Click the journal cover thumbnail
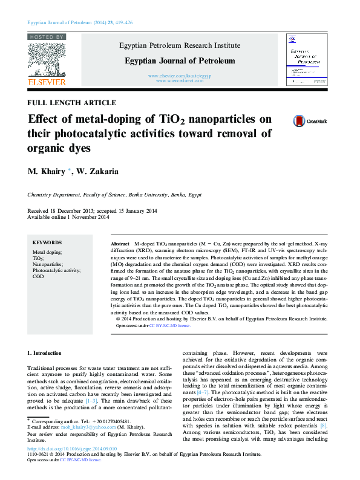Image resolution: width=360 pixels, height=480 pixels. click(307, 60)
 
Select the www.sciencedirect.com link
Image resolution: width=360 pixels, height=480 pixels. click(180, 80)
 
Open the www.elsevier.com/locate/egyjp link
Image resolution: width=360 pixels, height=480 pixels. click(180, 75)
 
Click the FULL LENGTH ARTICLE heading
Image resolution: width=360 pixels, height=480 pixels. click(65, 103)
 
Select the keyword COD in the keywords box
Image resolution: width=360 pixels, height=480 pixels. click(38, 276)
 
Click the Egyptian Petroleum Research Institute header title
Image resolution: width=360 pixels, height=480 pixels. click(180, 45)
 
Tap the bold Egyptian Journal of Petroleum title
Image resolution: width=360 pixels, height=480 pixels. click(180, 60)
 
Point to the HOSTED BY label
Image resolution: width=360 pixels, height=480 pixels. click(47, 37)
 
